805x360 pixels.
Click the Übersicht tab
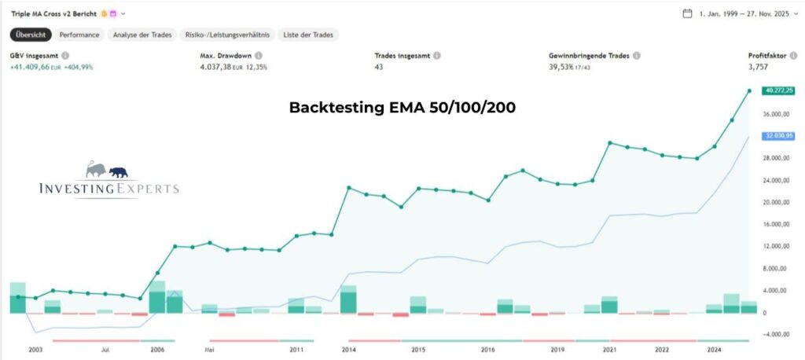click(31, 35)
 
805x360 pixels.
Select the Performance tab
click(79, 35)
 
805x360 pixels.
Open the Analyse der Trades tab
click(142, 35)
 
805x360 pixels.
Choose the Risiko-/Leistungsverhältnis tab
click(226, 35)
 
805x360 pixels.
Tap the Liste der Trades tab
click(307, 35)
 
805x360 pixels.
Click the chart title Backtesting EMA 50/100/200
click(402, 108)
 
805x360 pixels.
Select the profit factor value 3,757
click(759, 68)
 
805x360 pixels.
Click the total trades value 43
click(379, 68)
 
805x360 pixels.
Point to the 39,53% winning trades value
click(564, 68)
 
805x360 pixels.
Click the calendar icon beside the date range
click(687, 13)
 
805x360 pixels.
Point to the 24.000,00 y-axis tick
click(777, 180)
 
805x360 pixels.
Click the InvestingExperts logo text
click(108, 189)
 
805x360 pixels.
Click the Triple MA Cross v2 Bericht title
click(50, 13)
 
